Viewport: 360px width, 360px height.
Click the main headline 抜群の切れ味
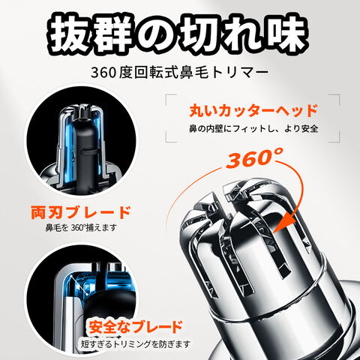(178, 33)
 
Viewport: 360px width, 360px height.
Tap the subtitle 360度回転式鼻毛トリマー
(179, 73)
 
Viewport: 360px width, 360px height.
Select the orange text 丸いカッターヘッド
(253, 110)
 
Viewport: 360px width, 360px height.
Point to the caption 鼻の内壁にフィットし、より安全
(253, 128)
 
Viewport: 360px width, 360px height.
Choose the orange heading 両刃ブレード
(81, 212)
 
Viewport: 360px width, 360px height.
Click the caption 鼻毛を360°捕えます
(81, 227)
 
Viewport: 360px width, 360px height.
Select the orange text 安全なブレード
(135, 326)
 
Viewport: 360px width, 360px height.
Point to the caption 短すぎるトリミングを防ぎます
(135, 344)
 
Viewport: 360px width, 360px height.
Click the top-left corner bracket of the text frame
(168, 97)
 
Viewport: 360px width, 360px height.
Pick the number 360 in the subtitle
(103, 73)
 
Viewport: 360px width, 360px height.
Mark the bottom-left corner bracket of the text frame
(168, 139)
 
